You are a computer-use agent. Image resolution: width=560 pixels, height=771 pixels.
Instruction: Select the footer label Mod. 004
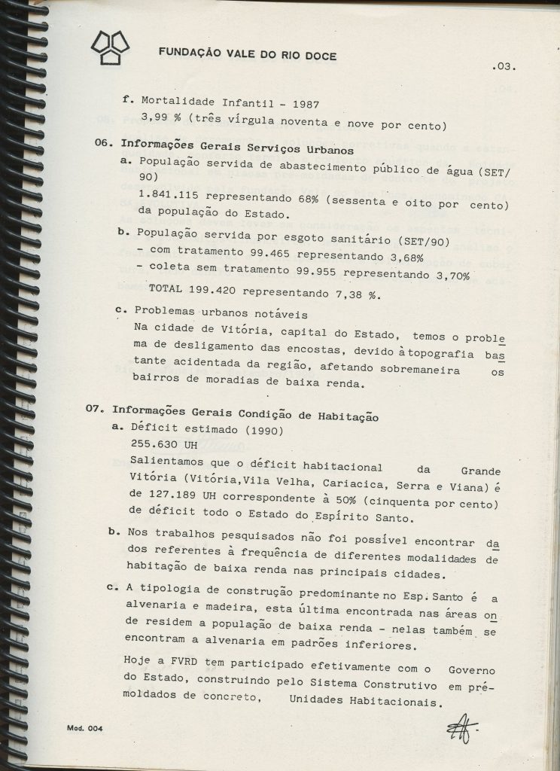(84, 730)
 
